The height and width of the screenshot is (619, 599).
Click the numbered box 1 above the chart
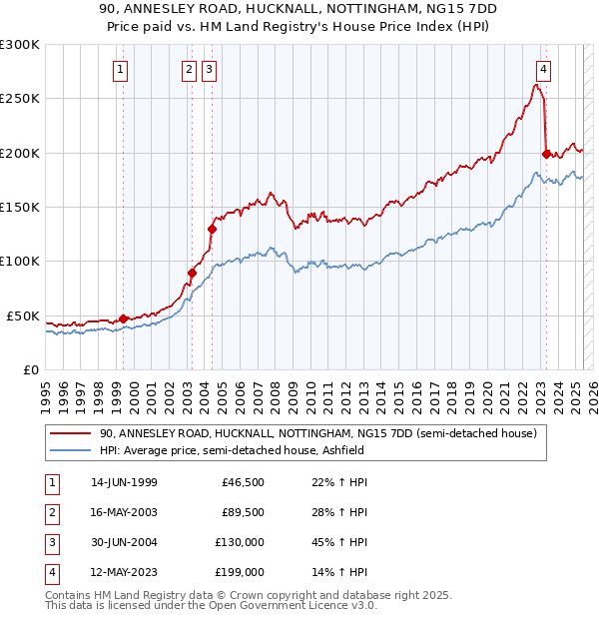click(x=120, y=70)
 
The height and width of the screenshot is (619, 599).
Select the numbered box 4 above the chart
click(x=543, y=70)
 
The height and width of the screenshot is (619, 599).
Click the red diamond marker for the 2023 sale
click(x=546, y=154)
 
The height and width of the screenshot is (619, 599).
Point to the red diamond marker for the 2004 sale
click(x=212, y=229)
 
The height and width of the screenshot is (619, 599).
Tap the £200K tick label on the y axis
click(x=20, y=153)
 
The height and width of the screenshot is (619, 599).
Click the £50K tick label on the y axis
click(x=24, y=315)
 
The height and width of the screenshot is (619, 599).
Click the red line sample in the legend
click(x=70, y=434)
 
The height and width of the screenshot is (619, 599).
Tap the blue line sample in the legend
click(x=70, y=450)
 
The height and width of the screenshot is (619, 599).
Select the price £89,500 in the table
click(x=243, y=512)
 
